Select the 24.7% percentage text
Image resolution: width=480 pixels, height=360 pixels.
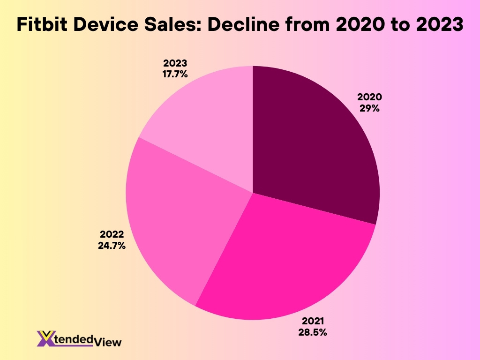pos(112,245)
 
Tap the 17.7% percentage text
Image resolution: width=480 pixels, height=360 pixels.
pos(175,74)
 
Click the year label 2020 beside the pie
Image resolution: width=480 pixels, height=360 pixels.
pos(369,97)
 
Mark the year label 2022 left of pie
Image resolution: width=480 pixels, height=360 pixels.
pos(112,234)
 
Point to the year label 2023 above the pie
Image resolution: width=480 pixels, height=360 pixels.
pos(175,63)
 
